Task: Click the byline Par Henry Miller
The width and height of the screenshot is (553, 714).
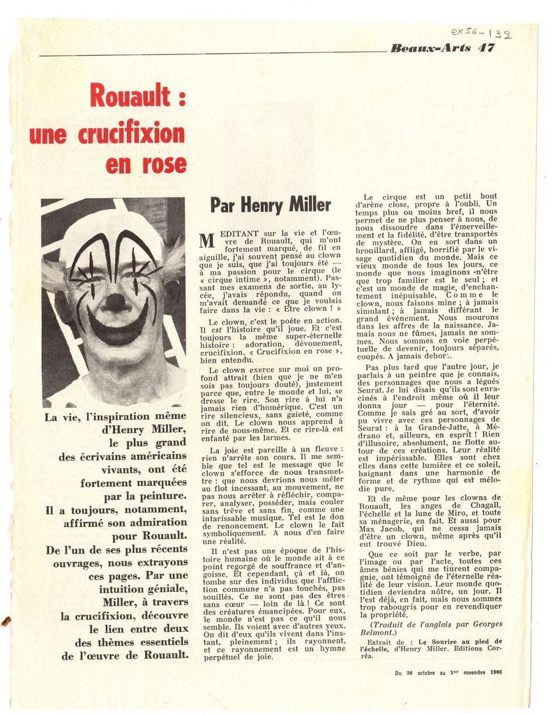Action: (x=271, y=205)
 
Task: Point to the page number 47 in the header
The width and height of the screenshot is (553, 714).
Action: (x=487, y=47)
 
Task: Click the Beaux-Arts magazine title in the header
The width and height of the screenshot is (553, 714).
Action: (x=430, y=47)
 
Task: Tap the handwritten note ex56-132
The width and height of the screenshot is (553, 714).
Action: (x=481, y=33)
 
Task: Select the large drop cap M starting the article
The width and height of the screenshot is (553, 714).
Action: (x=206, y=241)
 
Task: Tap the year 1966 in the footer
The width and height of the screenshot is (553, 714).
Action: (x=492, y=672)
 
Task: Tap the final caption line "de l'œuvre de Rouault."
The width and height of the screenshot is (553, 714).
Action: (x=125, y=655)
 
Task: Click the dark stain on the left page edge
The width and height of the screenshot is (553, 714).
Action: (x=6, y=620)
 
